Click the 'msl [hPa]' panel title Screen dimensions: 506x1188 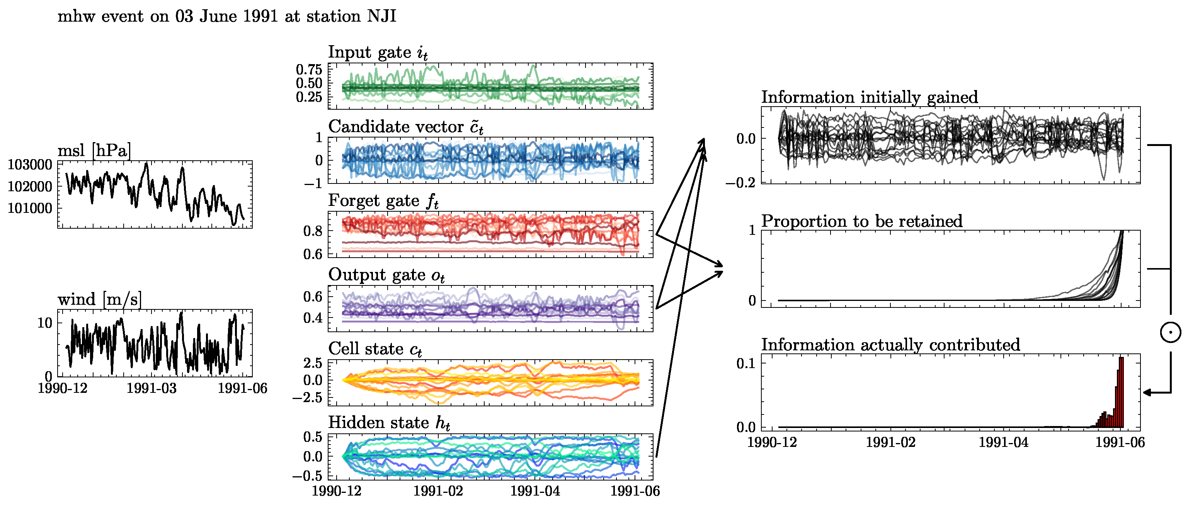[x=94, y=151]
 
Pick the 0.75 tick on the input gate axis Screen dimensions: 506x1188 [x=309, y=70]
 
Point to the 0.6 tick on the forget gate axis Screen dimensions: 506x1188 [x=313, y=254]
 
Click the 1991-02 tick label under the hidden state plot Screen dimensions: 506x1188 [x=437, y=491]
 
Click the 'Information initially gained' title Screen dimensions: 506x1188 [x=869, y=97]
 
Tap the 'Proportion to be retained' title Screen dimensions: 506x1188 [x=861, y=221]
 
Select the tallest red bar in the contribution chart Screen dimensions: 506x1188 [x=1121, y=392]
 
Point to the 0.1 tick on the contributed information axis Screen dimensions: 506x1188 [x=746, y=363]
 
